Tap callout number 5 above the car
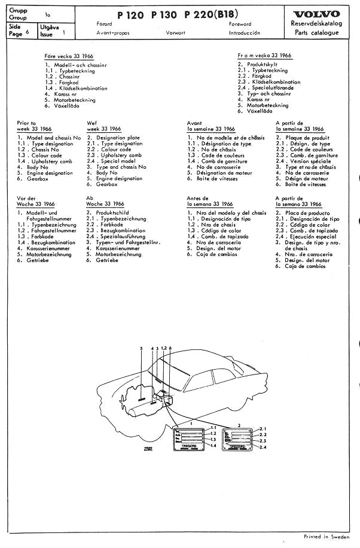point(141,348)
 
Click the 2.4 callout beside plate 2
point(263,447)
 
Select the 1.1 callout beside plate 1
point(215,427)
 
